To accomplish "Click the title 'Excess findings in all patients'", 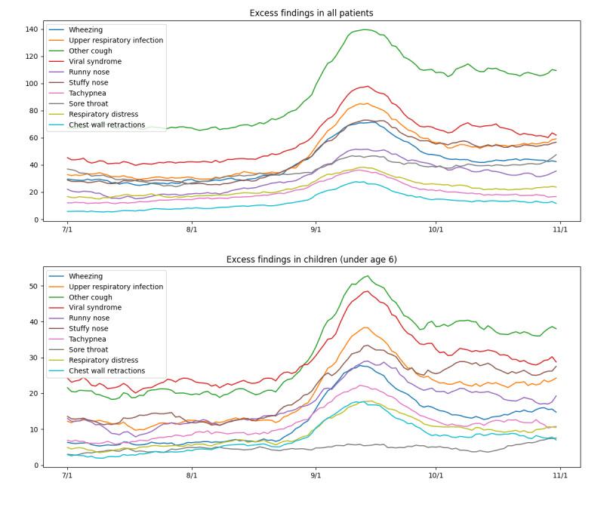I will pyautogui.click(x=311, y=13).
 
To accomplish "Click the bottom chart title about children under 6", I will pyautogui.click(x=311, y=260).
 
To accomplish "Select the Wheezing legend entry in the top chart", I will pyautogui.click(x=85, y=30).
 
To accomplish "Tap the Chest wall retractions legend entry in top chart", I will pyautogui.click(x=106, y=125).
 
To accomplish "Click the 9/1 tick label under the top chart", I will pyautogui.click(x=316, y=229).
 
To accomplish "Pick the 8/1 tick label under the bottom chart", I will pyautogui.click(x=192, y=475).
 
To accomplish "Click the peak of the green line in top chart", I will pyautogui.click(x=365, y=29).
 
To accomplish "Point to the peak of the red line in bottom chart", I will pyautogui.click(x=367, y=291).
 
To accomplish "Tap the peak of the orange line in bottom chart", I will pyautogui.click(x=365, y=327).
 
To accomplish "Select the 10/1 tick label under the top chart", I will pyautogui.click(x=436, y=229).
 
